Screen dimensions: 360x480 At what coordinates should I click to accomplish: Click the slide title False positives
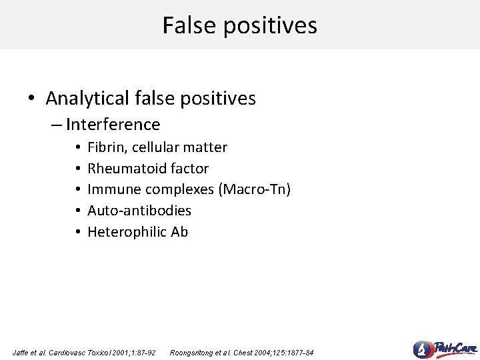click(x=240, y=25)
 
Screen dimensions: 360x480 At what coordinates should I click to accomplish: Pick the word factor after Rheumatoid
click(x=190, y=169)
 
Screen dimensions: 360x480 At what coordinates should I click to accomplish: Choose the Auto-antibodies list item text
click(x=139, y=211)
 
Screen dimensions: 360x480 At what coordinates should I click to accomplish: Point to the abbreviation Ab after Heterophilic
click(x=179, y=232)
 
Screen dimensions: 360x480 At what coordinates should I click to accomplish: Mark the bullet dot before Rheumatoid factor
click(x=78, y=169)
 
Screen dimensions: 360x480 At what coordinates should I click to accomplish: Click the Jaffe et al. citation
click(x=84, y=352)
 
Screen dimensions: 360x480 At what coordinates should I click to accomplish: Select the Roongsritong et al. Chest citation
click(x=242, y=352)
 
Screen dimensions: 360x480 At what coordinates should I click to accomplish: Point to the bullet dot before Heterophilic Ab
click(x=78, y=232)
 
